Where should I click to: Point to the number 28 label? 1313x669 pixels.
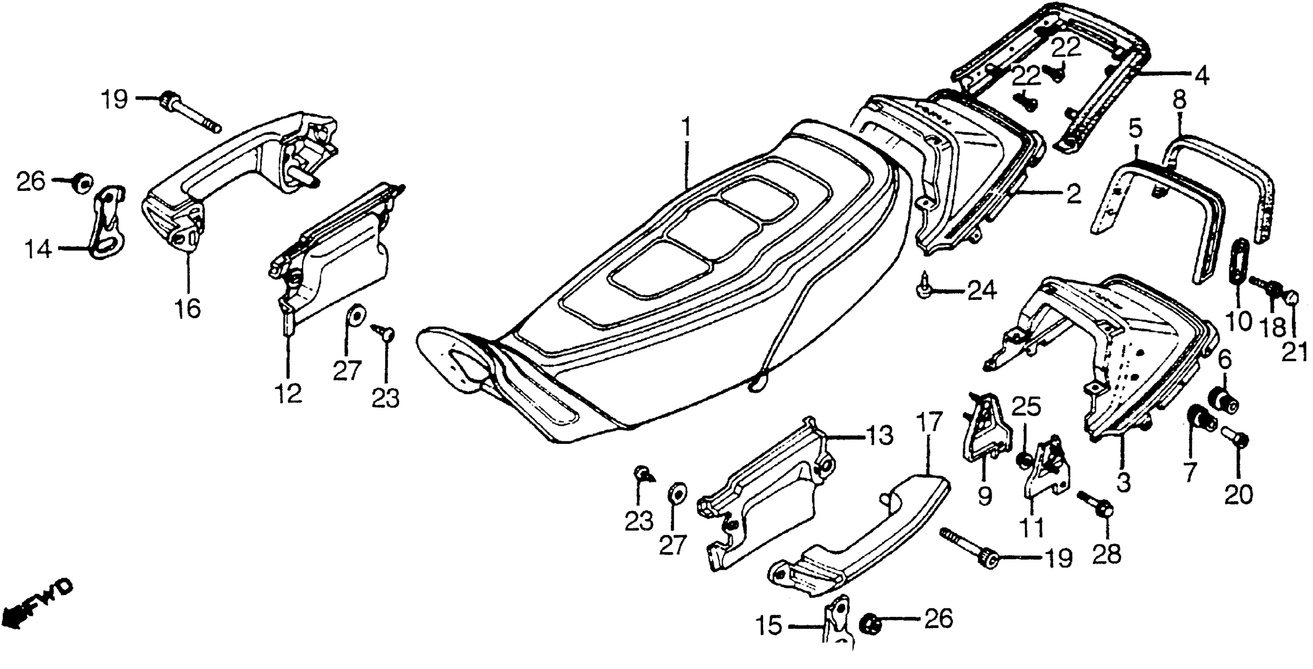coord(1107,553)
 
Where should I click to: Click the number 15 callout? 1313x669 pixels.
coord(769,626)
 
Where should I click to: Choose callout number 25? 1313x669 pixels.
coord(1026,407)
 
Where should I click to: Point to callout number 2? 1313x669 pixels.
coord(1073,194)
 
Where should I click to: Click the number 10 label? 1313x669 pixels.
coord(1239,321)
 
